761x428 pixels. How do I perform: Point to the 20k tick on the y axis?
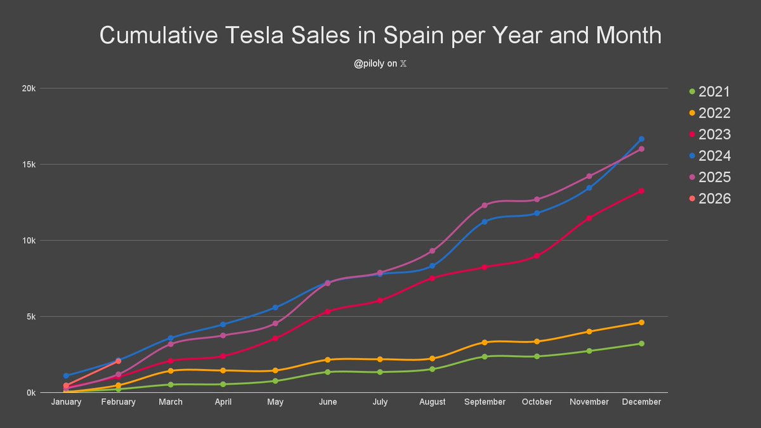point(28,89)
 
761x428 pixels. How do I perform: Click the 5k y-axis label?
point(30,316)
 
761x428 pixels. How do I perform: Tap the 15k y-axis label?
point(28,164)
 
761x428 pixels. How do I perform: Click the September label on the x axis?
point(485,402)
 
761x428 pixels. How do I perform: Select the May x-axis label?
point(275,402)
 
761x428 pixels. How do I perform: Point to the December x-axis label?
point(641,402)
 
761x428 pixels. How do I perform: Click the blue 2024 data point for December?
point(641,139)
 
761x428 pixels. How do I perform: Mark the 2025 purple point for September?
point(485,205)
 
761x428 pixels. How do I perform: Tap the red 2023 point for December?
point(641,191)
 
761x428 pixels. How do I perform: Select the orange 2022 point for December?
point(641,323)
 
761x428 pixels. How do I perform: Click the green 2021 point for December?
point(641,344)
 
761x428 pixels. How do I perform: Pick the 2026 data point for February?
point(118,361)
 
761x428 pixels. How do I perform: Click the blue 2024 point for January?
point(66,376)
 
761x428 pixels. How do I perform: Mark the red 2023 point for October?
point(537,256)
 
